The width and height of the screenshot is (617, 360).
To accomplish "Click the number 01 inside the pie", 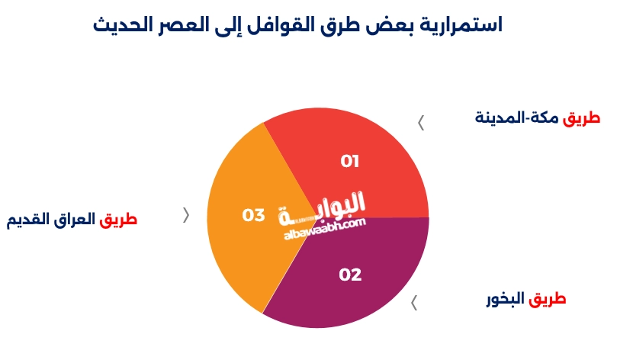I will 350,162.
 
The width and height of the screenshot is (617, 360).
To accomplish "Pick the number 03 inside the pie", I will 253,216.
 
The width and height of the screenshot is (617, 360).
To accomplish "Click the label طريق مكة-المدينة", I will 538,118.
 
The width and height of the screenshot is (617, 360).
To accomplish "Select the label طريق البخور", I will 526,298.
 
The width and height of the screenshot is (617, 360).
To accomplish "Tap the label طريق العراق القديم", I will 72,220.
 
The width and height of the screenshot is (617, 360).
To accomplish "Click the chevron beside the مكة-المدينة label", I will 420,122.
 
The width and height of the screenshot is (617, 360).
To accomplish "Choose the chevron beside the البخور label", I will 414,303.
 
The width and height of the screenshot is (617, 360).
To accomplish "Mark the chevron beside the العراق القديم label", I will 186,215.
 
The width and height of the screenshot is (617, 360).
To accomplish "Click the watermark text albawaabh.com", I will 325,228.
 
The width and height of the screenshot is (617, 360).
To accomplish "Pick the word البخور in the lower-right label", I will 506,298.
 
